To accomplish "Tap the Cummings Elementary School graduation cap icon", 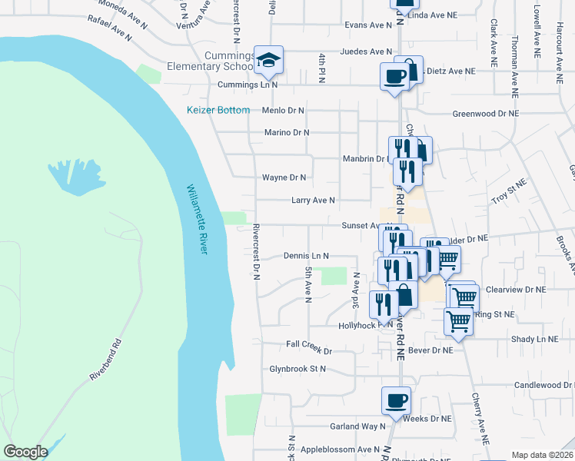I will point(268,60).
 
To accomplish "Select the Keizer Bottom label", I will point(218,110).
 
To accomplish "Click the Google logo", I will point(25,452).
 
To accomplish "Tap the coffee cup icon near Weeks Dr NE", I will point(396,400).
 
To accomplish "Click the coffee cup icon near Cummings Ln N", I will point(395,77).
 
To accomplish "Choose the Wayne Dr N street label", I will point(284,177).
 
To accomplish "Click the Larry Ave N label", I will point(313,201).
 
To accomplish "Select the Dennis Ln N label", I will point(306,256).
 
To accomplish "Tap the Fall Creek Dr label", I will point(308,350).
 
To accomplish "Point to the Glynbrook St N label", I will point(297,369).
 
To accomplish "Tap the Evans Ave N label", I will point(369,25).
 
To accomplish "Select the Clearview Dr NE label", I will point(516,290).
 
